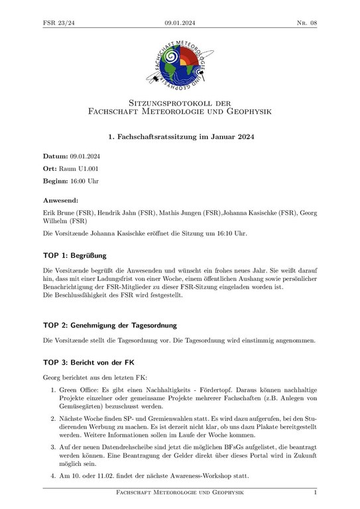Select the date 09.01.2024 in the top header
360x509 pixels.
pos(180,23)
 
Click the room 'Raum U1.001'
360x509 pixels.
pos(78,168)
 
